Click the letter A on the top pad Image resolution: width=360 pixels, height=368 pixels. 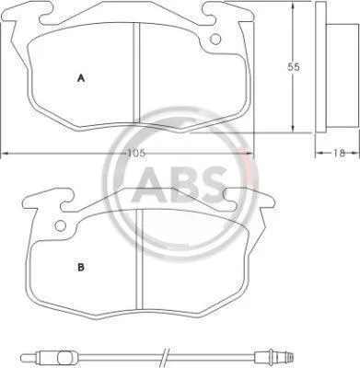(x=81, y=78)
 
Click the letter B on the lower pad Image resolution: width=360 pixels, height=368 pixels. (x=81, y=268)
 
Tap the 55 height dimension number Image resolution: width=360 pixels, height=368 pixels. (x=293, y=67)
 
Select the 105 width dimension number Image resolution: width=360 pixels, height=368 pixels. (x=136, y=153)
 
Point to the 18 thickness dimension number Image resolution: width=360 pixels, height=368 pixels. (x=339, y=153)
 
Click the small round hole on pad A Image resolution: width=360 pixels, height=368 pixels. (x=215, y=39)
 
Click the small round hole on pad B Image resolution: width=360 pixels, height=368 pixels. (x=60, y=226)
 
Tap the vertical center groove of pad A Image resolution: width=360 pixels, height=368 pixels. (x=136, y=73)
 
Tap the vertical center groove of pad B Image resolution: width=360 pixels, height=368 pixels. (x=140, y=259)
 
